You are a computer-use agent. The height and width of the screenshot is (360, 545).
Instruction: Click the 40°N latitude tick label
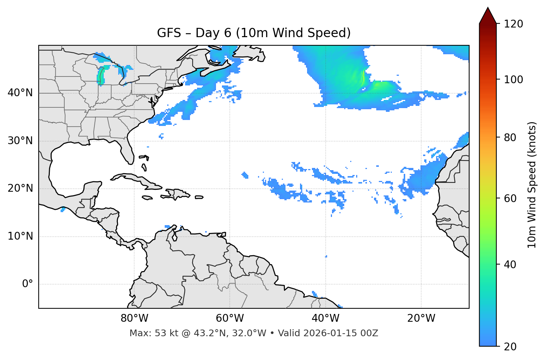coord(20,93)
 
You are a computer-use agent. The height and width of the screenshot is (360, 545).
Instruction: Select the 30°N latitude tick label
coord(20,141)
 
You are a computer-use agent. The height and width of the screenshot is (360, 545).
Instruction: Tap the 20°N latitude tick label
coord(20,188)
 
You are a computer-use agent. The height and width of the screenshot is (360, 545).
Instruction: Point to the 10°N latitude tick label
coord(20,236)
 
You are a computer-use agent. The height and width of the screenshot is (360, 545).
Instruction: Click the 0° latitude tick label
coord(28,284)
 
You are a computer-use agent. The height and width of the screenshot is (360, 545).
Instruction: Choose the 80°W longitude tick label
coord(134,318)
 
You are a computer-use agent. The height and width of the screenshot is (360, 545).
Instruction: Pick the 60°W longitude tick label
coord(230,318)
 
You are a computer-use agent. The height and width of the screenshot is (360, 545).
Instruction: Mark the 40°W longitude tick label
coord(325,318)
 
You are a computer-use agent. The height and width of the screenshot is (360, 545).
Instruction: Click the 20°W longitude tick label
coord(421,318)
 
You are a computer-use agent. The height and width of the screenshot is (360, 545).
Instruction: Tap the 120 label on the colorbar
coord(513,24)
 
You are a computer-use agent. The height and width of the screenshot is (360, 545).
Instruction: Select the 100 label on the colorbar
coord(513,80)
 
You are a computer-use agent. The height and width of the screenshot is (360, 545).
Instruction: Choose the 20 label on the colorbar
coord(510,347)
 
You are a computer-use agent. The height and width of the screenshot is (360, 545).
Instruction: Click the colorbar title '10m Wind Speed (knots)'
coord(532,185)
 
